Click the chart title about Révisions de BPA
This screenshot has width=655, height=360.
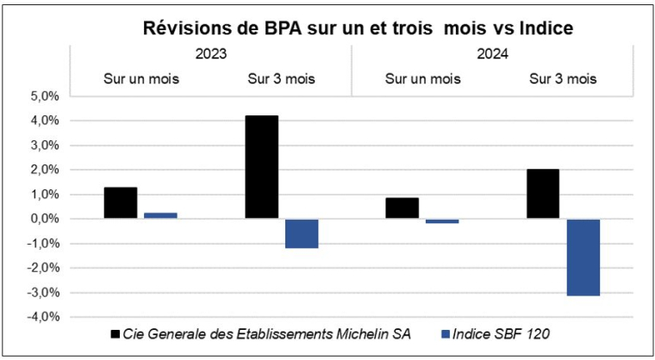[358, 28]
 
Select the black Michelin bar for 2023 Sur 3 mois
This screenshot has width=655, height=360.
[261, 167]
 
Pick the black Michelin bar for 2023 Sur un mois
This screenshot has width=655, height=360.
[120, 202]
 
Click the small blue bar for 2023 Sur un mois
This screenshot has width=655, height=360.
[160, 215]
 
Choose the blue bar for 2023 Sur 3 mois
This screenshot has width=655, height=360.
[302, 233]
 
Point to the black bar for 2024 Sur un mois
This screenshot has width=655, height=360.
[402, 208]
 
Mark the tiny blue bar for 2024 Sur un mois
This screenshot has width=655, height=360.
[442, 221]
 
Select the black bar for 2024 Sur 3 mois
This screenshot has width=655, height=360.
[542, 194]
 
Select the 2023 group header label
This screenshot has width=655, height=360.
[211, 53]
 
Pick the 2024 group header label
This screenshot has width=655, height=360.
[492, 53]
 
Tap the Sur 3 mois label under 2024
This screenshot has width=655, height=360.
[562, 79]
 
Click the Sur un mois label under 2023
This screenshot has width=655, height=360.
[141, 79]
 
